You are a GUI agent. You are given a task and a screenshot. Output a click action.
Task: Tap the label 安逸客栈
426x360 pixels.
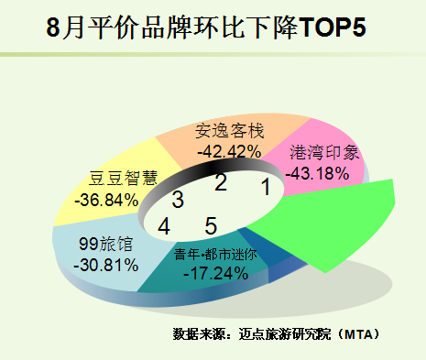click(x=230, y=131)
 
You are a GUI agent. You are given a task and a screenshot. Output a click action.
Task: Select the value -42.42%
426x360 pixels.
click(x=229, y=151)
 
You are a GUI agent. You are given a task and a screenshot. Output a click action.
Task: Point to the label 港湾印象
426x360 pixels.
click(x=324, y=152)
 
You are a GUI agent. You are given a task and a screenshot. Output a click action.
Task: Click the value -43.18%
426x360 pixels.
click(x=317, y=173)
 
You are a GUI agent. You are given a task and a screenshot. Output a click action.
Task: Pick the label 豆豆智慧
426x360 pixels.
click(x=123, y=179)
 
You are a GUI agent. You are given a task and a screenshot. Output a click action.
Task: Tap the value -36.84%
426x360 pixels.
click(x=106, y=200)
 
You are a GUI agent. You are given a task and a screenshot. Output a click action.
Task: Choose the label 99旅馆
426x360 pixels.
click(x=106, y=244)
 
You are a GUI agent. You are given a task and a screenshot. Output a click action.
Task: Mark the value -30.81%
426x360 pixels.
click(x=106, y=265)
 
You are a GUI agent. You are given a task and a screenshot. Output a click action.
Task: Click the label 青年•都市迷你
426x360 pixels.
click(x=215, y=254)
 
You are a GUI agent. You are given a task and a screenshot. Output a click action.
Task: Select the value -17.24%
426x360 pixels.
click(x=216, y=273)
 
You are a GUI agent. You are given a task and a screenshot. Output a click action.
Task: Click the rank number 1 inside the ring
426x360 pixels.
click(x=267, y=187)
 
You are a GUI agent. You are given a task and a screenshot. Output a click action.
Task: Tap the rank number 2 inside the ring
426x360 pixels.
click(x=221, y=182)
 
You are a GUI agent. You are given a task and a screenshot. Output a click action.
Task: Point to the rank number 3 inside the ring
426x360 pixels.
click(x=178, y=200)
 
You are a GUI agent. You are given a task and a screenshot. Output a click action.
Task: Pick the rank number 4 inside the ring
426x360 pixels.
click(x=164, y=226)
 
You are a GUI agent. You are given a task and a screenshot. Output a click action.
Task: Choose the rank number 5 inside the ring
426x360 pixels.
click(x=211, y=226)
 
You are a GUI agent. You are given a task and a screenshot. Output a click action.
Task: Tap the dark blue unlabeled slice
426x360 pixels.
click(x=268, y=249)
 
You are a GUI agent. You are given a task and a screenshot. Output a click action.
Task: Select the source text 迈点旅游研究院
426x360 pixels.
click(x=285, y=334)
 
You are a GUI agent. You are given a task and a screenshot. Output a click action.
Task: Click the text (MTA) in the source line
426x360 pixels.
click(x=358, y=334)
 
